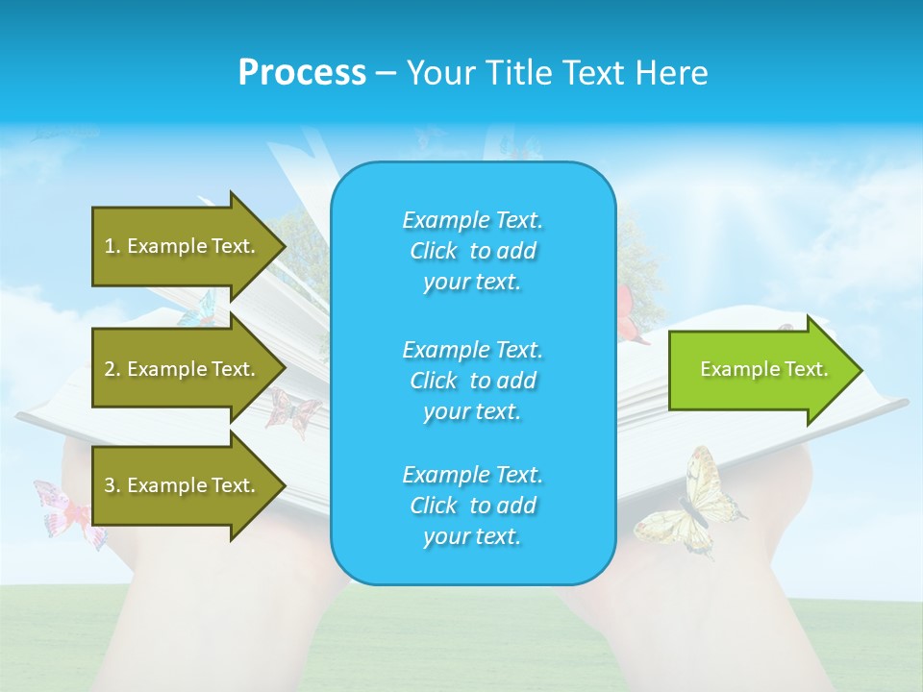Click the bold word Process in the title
[x=302, y=73]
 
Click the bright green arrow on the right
[x=763, y=369]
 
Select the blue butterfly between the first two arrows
[x=200, y=309]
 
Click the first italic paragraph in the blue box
[x=472, y=251]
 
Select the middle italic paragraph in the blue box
[x=472, y=380]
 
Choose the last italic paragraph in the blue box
[x=472, y=506]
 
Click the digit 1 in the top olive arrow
[x=110, y=246]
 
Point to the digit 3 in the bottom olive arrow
[x=110, y=485]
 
